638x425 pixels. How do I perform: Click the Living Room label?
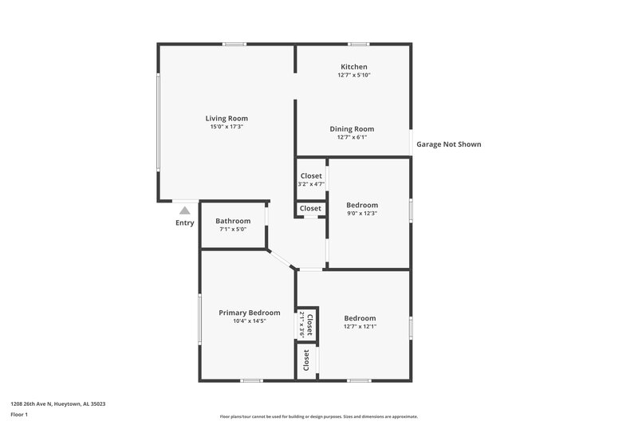pos(227,118)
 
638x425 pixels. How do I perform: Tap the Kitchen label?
pos(353,67)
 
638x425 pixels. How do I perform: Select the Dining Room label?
pos(352,129)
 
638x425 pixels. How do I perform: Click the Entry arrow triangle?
pos(184,211)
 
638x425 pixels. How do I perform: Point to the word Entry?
pos(184,223)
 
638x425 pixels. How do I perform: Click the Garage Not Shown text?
pos(449,145)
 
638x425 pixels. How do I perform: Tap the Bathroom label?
pos(233,221)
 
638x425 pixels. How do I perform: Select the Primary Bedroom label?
pos(250,313)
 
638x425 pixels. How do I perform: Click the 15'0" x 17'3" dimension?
pos(227,127)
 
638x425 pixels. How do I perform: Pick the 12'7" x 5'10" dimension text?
pos(353,76)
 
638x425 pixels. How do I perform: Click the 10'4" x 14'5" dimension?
pos(250,321)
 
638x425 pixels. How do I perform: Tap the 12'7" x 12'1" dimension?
pos(360,326)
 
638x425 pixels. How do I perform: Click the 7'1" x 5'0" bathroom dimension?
pos(233,230)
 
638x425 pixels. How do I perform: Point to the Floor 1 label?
pos(20,415)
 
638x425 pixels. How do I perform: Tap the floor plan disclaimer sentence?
pos(319,416)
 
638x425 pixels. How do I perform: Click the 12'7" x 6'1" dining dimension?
pos(352,138)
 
